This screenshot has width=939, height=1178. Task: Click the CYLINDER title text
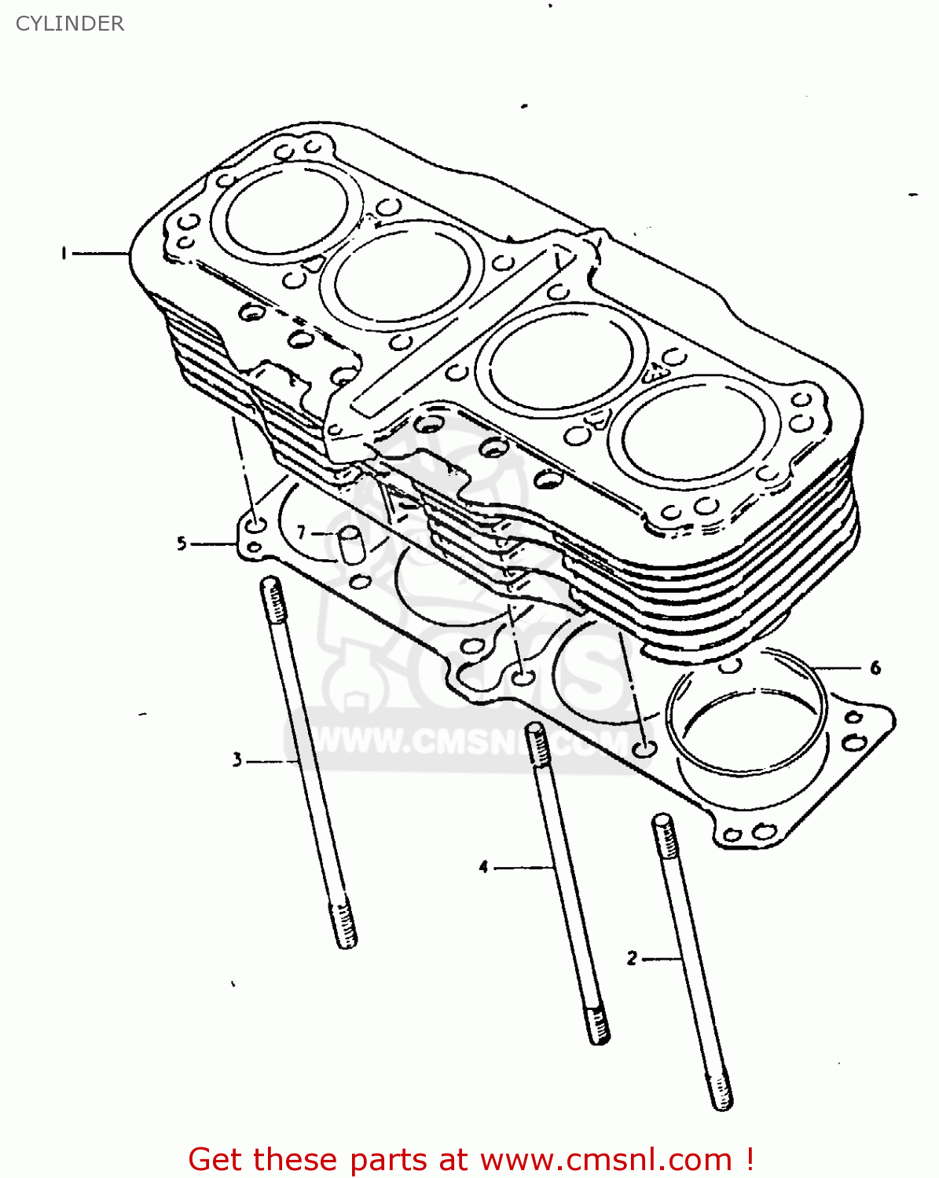[70, 24]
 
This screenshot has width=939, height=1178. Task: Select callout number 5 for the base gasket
[182, 543]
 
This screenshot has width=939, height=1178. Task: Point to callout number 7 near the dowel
[302, 533]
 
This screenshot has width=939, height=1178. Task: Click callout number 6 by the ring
[875, 668]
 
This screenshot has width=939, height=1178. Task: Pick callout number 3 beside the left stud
[237, 759]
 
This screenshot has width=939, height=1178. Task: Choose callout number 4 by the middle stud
[484, 867]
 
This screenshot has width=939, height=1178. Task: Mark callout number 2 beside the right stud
[633, 958]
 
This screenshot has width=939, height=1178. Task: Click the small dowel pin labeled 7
[350, 544]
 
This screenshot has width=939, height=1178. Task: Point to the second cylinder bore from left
[407, 275]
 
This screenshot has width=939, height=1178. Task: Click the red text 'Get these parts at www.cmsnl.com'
[471, 1159]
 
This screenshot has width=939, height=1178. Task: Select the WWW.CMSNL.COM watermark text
[471, 742]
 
